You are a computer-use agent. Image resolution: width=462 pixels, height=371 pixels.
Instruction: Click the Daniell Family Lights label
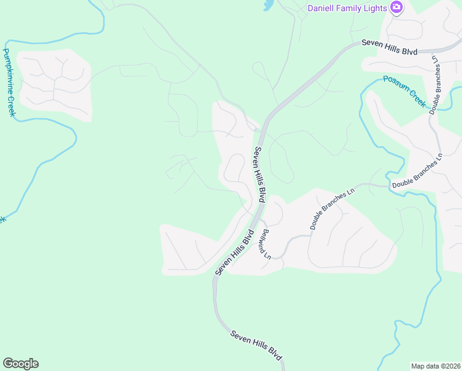347,8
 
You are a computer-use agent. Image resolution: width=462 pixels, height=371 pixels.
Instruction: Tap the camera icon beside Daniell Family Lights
396,8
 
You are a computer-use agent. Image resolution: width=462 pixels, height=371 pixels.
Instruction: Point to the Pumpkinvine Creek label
9,82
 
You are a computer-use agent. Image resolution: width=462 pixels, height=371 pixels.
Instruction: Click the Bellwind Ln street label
266,243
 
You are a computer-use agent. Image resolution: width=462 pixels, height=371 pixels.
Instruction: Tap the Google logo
20,364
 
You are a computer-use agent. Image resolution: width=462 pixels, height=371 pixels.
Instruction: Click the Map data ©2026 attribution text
435,366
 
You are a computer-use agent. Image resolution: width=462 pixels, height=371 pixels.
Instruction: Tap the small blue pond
267,6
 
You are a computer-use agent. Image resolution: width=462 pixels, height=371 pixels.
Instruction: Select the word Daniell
321,8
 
